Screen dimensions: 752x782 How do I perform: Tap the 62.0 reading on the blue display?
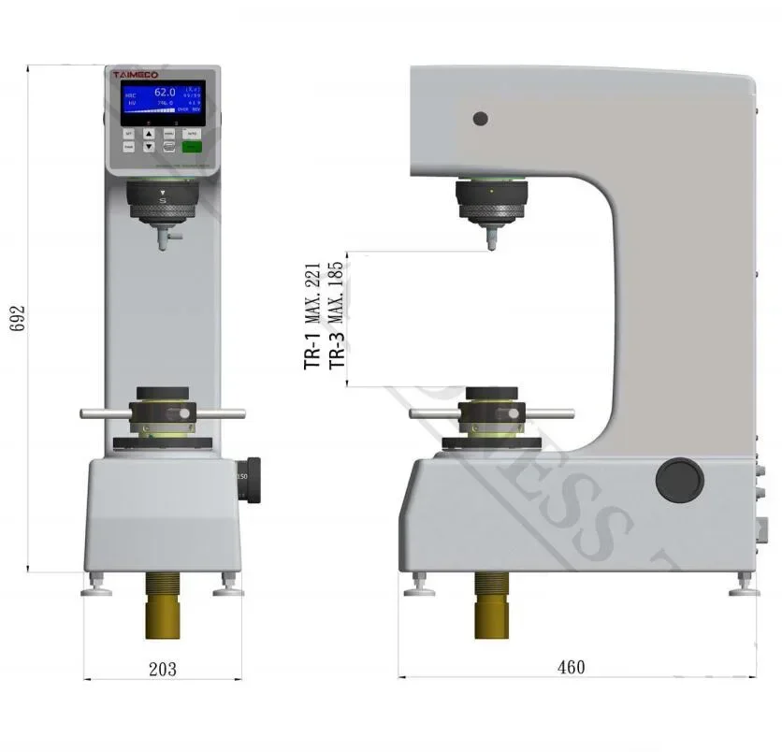[x=165, y=93]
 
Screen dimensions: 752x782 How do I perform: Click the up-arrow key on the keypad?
[x=149, y=133]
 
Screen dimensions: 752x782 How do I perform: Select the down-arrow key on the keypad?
[x=149, y=146]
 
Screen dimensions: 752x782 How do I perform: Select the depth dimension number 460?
[x=571, y=667]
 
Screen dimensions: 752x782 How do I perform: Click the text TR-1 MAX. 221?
[x=313, y=316]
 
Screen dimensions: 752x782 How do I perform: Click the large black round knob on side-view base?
[x=678, y=480]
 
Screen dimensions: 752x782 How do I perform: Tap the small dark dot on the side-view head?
[x=480, y=119]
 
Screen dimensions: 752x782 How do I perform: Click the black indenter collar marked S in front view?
[x=164, y=202]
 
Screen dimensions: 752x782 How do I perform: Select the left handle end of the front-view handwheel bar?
[x=86, y=412]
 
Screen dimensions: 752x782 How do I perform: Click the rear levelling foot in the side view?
[x=745, y=586]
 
